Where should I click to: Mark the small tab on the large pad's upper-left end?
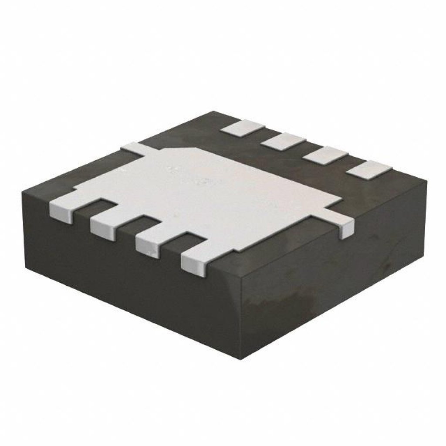click(x=133, y=148)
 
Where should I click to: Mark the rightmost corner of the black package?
click(x=426, y=182)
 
